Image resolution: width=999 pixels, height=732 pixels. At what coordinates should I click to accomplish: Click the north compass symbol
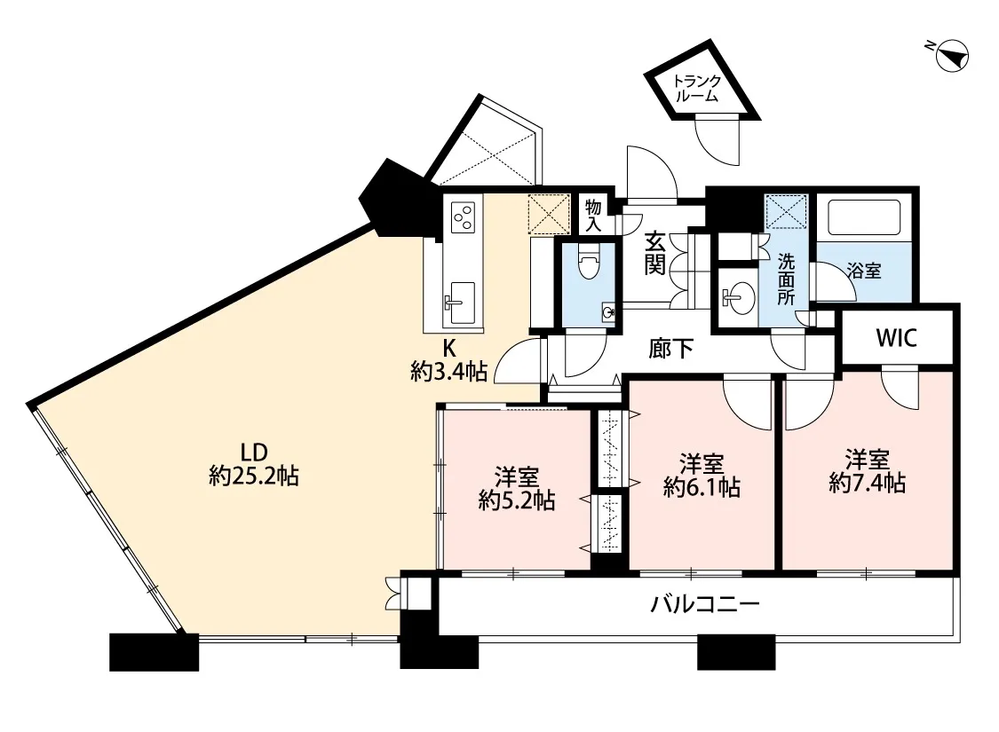(x=949, y=55)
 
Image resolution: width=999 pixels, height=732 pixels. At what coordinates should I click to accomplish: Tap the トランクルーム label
(x=698, y=89)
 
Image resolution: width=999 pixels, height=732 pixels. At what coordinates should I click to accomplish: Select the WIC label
(x=896, y=338)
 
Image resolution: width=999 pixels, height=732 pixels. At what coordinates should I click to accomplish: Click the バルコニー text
(x=705, y=602)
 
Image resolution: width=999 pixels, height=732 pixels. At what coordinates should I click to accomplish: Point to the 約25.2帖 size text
(x=254, y=476)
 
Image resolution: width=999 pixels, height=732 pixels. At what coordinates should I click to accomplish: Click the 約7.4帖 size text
(x=867, y=483)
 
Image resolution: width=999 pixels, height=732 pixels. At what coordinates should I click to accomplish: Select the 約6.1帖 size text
(x=702, y=487)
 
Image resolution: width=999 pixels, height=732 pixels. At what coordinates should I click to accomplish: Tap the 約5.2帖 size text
(x=517, y=501)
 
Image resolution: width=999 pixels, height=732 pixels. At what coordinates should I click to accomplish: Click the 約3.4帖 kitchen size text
(x=449, y=371)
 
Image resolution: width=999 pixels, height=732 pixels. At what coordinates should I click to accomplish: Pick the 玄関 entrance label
(x=655, y=254)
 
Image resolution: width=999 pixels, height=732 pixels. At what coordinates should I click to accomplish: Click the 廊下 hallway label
(x=671, y=348)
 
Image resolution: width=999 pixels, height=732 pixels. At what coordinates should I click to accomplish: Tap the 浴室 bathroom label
(x=865, y=271)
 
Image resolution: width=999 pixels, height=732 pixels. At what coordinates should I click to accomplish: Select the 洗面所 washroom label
(x=786, y=279)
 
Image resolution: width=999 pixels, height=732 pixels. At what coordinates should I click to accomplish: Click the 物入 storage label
(x=593, y=215)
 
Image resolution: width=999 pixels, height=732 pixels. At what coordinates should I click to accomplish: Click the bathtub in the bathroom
(x=865, y=216)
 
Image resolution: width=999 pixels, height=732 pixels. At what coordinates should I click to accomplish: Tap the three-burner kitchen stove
(x=463, y=216)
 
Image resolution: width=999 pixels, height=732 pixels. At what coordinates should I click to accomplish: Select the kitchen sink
(x=459, y=303)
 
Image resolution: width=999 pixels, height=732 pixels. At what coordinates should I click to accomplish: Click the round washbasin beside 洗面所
(x=739, y=296)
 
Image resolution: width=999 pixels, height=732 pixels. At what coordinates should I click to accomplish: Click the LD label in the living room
(x=253, y=453)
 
